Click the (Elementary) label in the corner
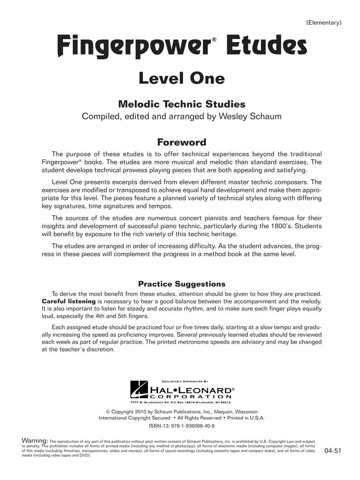[x=324, y=22]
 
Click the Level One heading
[x=181, y=78]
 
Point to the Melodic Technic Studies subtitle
[x=181, y=104]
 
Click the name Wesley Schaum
[x=250, y=116]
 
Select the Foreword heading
[x=181, y=142]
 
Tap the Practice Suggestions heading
[x=181, y=284]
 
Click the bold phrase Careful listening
[x=69, y=301]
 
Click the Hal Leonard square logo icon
[x=139, y=390]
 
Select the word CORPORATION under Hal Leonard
[x=190, y=397]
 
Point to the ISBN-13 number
[x=182, y=426]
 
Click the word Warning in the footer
[x=35, y=441]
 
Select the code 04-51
[x=332, y=450]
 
